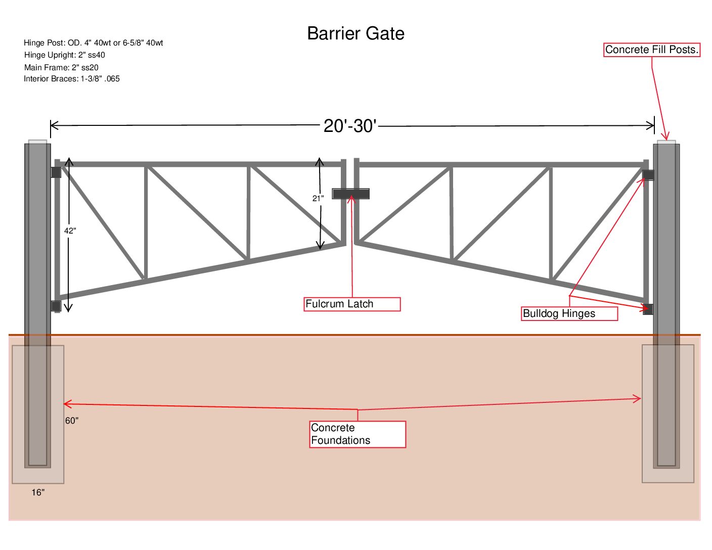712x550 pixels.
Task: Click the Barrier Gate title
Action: tap(355, 33)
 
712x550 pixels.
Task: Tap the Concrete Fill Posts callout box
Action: tap(652, 50)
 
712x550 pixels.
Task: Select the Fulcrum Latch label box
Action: tap(352, 304)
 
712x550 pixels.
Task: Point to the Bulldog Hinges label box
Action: tap(569, 313)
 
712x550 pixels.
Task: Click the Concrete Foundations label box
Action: tap(358, 434)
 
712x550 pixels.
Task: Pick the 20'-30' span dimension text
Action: tap(349, 126)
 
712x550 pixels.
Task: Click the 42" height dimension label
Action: tap(70, 231)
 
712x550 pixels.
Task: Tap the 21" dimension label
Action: tap(318, 199)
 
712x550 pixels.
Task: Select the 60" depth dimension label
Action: tap(72, 421)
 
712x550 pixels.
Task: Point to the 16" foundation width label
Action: tap(38, 492)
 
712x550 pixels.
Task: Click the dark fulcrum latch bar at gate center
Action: tap(350, 194)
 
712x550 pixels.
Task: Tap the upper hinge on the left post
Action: tap(56, 172)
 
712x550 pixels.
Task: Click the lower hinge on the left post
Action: tap(56, 306)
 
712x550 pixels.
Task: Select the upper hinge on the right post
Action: tap(648, 175)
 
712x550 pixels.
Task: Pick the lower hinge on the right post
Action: tap(648, 309)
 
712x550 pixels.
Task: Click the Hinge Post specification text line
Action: tap(94, 43)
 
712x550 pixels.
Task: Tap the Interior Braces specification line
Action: tap(72, 79)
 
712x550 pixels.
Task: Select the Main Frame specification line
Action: tap(61, 67)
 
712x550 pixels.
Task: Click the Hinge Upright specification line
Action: tap(65, 55)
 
